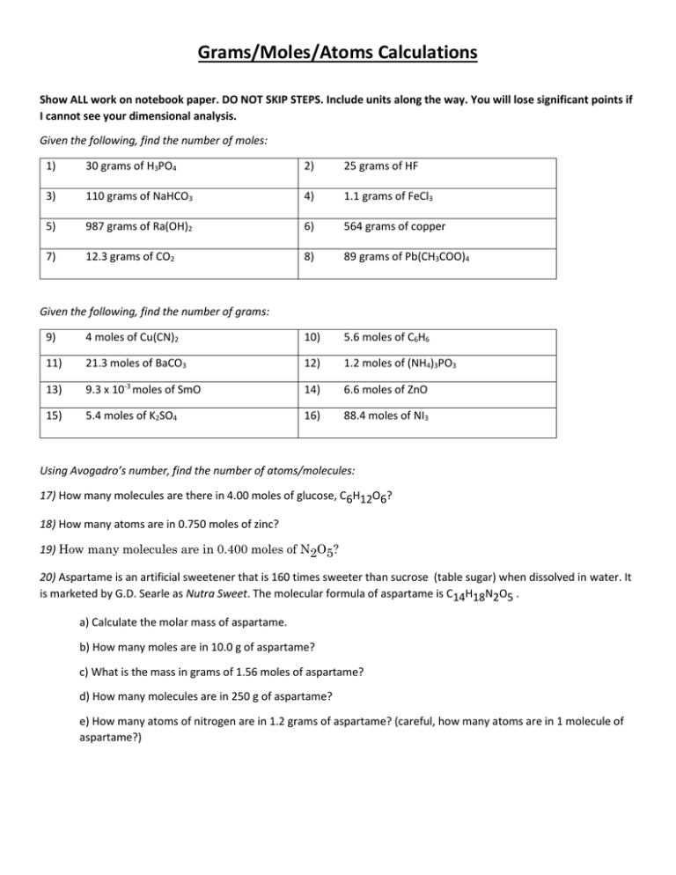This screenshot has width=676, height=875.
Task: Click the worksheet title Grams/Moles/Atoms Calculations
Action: tap(338, 54)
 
